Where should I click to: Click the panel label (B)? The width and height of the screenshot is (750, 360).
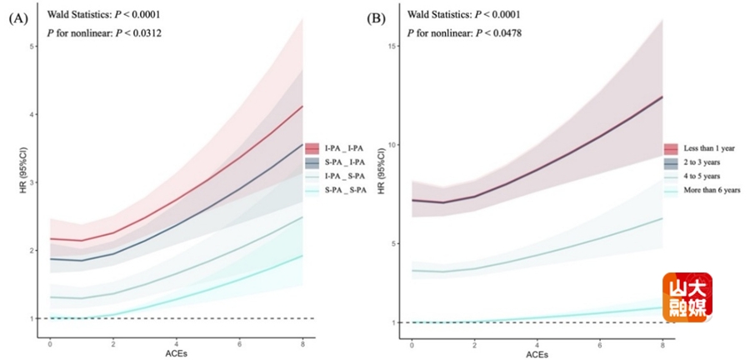pos(376,17)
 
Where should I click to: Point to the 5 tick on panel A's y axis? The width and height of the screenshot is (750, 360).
pos(31,46)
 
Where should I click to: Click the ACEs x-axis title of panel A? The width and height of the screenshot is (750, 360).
pos(176,353)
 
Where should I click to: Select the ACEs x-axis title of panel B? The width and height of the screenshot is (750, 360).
pos(537,353)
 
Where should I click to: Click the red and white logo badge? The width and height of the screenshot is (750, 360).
pos(687,297)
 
